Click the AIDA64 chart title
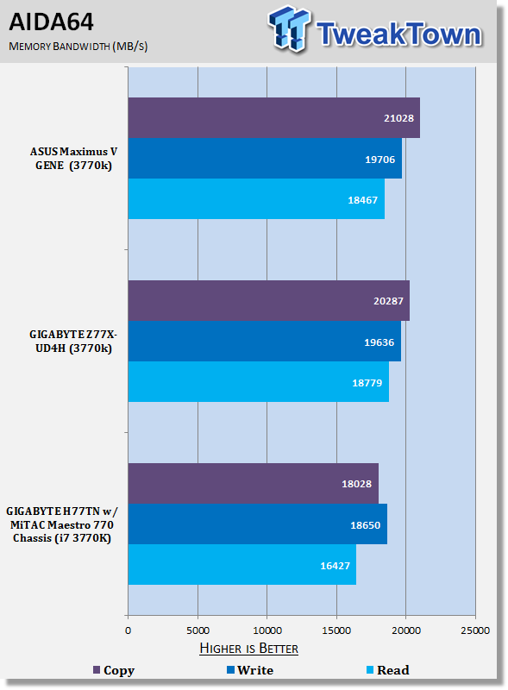click(51, 22)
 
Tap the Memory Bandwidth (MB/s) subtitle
click(78, 47)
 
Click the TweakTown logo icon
click(289, 29)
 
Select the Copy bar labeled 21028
click(273, 118)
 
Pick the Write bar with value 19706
click(265, 159)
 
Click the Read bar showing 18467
click(256, 199)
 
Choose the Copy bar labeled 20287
click(268, 301)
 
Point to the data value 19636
click(379, 342)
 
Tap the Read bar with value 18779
click(259, 382)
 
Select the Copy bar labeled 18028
click(253, 484)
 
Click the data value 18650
click(366, 525)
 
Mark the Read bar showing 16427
click(242, 565)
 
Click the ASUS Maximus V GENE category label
click(73, 159)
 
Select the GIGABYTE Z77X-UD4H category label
click(73, 341)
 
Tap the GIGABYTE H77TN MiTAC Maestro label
click(61, 524)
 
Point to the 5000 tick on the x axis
click(198, 630)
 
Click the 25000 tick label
click(475, 630)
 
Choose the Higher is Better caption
click(248, 649)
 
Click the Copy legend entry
click(114, 670)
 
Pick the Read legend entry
click(388, 670)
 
